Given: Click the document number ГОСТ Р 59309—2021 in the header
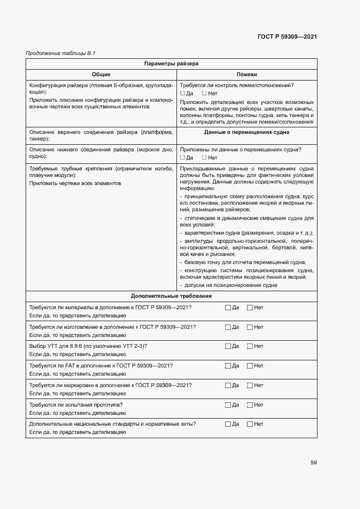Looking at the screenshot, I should tap(287, 36).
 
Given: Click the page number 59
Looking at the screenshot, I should tap(313, 463).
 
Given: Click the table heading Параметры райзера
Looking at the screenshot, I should tap(171, 64).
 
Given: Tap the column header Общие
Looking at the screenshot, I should tap(101, 75).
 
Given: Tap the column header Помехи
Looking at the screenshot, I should tap(247, 75).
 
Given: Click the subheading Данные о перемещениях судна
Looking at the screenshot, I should tap(247, 132).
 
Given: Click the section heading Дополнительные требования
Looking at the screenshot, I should tap(171, 296).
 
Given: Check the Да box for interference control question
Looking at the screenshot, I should tap(182, 94).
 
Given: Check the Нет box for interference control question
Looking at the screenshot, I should tap(204, 94).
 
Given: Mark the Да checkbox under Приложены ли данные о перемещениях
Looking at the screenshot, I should tap(182, 158).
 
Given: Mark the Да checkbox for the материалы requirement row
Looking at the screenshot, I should tap(228, 308).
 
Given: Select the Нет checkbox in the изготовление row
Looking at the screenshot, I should tap(250, 327).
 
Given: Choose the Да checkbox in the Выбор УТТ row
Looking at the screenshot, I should tap(228, 346).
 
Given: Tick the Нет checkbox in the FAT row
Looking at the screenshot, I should tap(250, 366).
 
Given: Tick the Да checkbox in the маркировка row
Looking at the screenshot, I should tap(228, 385).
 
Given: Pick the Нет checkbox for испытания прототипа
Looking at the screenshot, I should tap(250, 405).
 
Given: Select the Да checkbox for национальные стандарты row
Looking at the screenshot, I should tap(228, 424).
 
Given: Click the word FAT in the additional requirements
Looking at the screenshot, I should tap(70, 366).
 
